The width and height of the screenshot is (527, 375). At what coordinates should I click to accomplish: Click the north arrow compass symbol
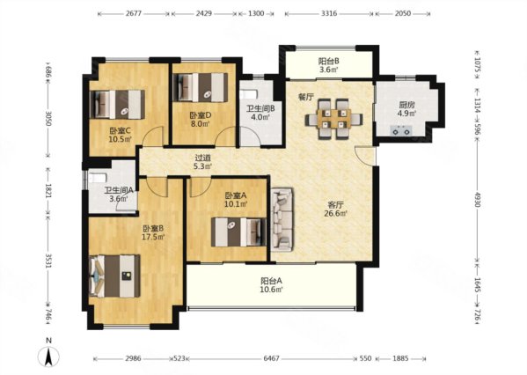point(48,357)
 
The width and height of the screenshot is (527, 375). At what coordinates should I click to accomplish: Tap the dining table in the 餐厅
point(333,119)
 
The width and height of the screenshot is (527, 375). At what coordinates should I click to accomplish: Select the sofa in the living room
point(282,220)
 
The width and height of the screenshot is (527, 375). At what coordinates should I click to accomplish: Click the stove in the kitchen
point(401,130)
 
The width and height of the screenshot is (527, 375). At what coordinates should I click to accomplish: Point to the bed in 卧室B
point(115,276)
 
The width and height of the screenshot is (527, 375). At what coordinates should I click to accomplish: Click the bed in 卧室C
point(117,104)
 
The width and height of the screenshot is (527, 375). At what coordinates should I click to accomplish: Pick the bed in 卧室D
point(201,87)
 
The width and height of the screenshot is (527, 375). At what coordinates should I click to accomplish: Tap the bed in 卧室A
point(238,232)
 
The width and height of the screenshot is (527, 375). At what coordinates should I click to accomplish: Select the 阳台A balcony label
point(272,281)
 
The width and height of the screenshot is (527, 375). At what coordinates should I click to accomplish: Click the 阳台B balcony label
point(328,62)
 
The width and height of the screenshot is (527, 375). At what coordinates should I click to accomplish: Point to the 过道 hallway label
point(203,157)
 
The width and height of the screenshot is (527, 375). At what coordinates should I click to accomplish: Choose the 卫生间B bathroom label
point(260,108)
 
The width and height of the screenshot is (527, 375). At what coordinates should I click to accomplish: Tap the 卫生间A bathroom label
point(119,190)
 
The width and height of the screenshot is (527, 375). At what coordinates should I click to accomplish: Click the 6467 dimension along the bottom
point(271,358)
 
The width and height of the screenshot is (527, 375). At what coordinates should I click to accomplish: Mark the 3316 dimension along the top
point(329,14)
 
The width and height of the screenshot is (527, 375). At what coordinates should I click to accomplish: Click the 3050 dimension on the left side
point(48,119)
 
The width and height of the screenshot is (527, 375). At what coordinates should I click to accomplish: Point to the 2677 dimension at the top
point(134,14)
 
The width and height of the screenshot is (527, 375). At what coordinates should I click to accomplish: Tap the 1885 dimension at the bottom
point(400,358)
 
